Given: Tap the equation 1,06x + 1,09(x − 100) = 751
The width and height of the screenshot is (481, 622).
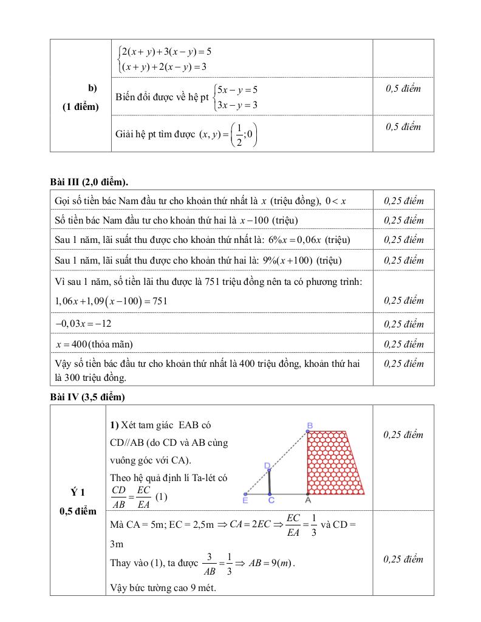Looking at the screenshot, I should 111,301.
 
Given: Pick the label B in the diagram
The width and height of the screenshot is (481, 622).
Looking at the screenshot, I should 310,426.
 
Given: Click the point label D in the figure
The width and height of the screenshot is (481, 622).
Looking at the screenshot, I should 267,465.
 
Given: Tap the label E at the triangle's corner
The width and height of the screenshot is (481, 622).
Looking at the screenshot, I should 245,501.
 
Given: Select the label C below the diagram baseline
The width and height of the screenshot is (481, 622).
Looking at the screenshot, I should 271,501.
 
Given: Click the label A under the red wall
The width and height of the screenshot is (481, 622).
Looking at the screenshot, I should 308,501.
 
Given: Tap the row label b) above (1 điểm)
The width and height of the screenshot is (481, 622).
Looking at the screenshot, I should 93,88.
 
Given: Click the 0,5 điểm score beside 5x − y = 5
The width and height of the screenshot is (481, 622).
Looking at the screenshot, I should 403,89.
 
